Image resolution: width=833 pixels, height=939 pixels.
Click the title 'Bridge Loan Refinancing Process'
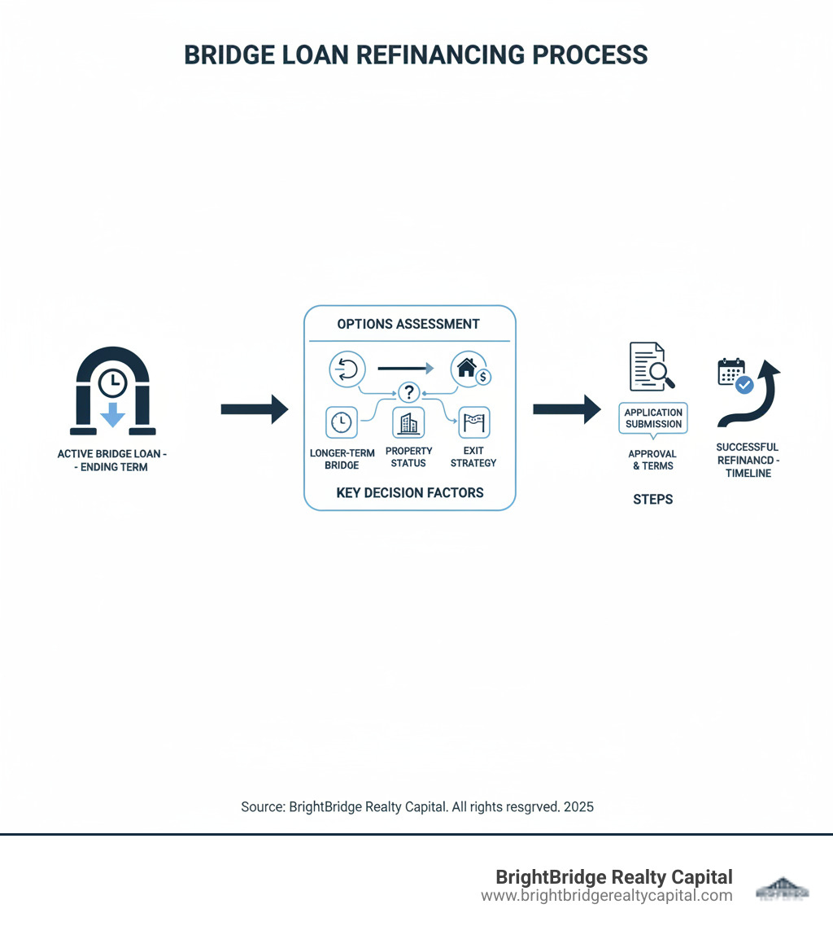(x=416, y=55)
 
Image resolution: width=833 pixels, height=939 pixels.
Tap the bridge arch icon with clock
(x=112, y=390)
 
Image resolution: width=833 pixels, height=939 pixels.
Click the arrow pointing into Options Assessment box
(x=254, y=409)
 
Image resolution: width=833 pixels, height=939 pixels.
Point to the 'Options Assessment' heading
(x=408, y=324)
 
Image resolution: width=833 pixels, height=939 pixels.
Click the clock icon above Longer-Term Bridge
(x=342, y=422)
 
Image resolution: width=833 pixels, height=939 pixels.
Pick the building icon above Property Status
(x=408, y=423)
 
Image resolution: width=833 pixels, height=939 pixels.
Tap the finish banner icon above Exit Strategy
(x=473, y=422)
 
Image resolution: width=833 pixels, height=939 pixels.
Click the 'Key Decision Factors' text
(x=409, y=492)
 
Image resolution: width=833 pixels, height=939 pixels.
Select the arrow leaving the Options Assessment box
(x=566, y=409)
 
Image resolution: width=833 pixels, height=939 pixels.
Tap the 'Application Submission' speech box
(x=653, y=418)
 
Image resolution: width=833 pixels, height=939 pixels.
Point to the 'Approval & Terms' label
(x=653, y=460)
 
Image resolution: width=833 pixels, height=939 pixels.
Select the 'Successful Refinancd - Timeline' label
(x=747, y=460)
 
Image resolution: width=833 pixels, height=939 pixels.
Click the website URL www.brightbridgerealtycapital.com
(x=606, y=896)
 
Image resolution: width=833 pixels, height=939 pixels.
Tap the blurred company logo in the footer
(x=783, y=888)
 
